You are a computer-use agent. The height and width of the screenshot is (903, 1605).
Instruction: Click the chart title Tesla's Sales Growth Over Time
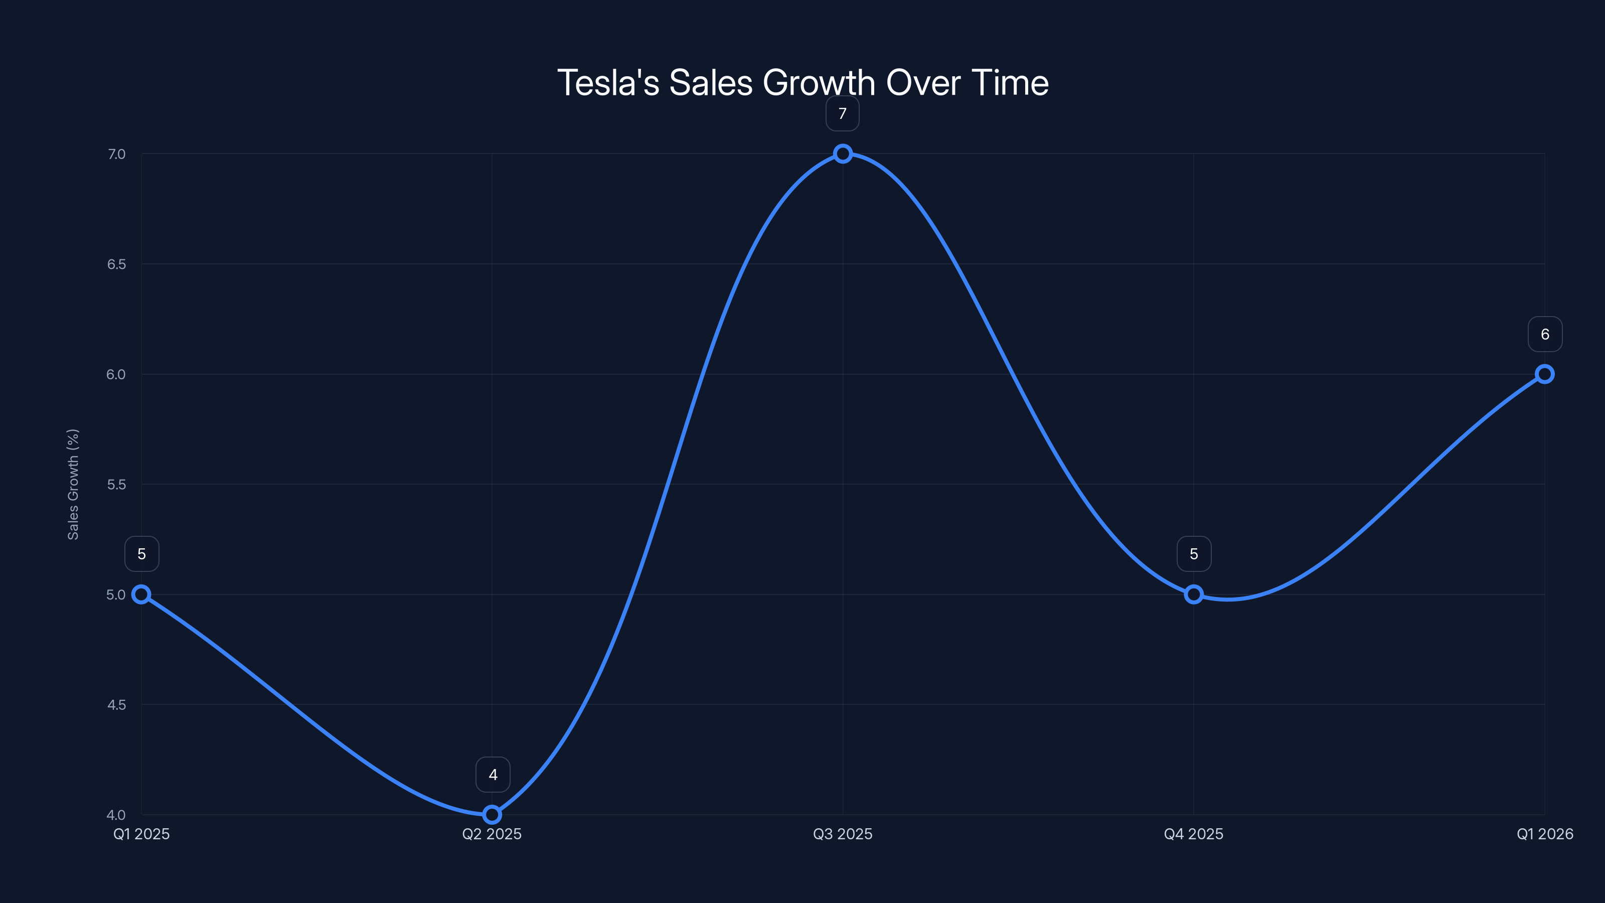(802, 83)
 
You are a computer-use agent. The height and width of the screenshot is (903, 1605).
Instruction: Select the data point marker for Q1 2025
(141, 594)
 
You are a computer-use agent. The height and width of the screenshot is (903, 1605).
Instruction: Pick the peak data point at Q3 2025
(843, 154)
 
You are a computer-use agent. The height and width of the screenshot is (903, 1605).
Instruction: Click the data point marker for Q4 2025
(1193, 594)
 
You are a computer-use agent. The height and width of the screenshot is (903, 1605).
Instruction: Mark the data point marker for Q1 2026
(1544, 374)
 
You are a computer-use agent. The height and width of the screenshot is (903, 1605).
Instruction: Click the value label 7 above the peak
(843, 113)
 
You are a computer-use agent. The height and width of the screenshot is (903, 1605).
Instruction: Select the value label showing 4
(493, 774)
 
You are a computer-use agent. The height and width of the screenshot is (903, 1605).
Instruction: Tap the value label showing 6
(1545, 334)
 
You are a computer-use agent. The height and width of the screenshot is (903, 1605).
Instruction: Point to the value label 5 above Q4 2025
(1194, 553)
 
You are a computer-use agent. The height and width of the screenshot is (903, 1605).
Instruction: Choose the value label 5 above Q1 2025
(142, 553)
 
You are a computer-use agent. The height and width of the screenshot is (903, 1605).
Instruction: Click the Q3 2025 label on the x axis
(843, 834)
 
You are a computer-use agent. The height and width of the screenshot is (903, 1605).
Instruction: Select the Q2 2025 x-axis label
(492, 834)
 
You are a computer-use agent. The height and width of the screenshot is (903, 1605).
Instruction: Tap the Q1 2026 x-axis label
(1545, 834)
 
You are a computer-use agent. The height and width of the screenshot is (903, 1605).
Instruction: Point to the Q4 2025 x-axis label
(1193, 834)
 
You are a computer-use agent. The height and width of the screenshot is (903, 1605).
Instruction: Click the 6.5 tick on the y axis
(116, 264)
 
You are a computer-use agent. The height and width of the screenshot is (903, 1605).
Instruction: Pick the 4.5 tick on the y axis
(116, 705)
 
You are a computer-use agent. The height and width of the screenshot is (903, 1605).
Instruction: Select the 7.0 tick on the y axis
(116, 154)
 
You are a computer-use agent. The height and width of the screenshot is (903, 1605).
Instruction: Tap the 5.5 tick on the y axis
(116, 484)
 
